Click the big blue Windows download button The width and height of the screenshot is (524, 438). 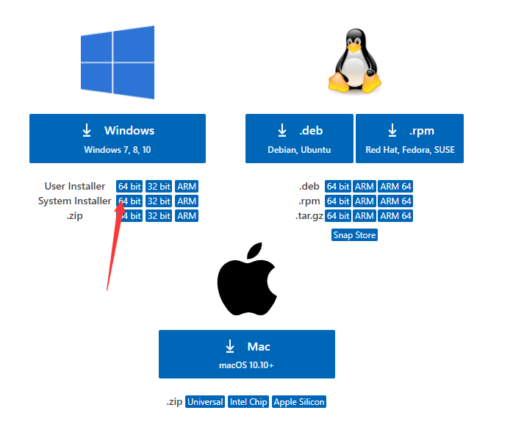click(118, 138)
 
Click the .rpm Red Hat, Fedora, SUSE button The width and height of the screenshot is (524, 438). click(409, 138)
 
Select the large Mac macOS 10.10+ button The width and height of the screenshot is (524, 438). click(246, 353)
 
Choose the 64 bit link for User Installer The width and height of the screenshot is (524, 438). click(129, 187)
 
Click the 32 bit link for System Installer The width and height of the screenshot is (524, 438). click(158, 201)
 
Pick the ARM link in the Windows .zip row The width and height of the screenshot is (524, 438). click(187, 216)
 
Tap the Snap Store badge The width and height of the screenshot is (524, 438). click(354, 235)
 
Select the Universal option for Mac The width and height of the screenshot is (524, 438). click(205, 402)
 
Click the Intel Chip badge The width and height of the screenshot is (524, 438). click(248, 402)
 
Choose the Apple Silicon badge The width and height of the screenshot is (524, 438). click(298, 402)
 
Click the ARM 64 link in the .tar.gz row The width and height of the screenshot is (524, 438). click(395, 216)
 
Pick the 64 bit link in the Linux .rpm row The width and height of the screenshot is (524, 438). click(338, 201)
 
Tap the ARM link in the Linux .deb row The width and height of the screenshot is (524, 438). click(365, 187)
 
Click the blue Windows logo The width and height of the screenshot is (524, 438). click(118, 62)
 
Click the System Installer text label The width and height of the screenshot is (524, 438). click(74, 201)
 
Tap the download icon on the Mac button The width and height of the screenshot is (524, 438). click(230, 346)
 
